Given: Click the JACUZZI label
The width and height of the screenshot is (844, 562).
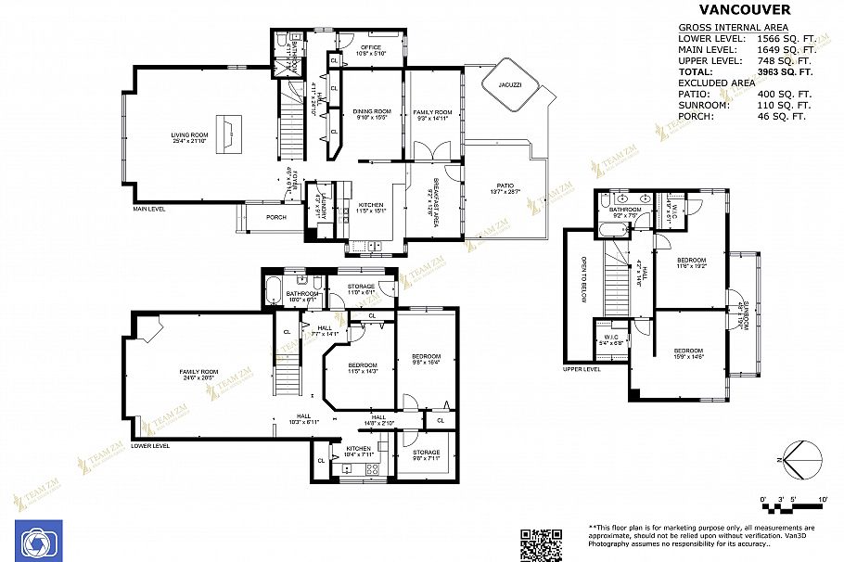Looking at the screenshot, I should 508,84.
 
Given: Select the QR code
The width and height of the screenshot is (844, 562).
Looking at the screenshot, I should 541,545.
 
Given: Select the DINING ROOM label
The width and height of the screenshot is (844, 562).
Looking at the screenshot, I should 369,113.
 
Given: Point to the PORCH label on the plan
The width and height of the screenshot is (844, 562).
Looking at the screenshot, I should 275,218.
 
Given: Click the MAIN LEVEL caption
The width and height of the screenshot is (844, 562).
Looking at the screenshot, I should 149,210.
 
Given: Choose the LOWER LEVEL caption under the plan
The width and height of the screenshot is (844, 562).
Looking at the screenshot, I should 150,446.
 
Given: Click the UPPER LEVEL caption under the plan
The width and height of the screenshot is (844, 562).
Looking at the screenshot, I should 582,369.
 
